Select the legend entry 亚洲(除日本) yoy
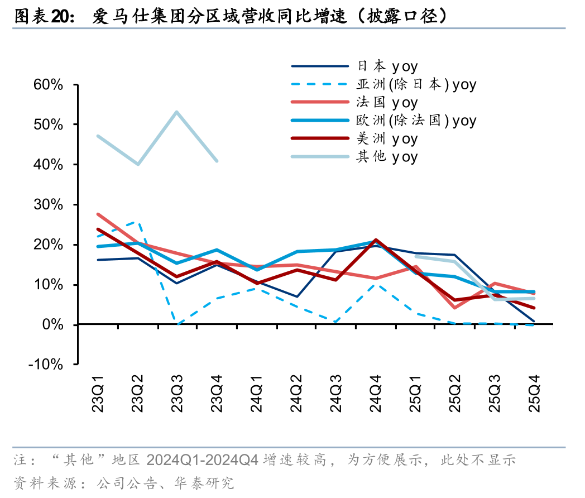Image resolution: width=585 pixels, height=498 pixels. click(416, 85)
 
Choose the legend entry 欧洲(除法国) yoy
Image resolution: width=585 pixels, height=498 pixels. click(416, 121)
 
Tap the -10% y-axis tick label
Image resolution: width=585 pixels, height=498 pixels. click(47, 365)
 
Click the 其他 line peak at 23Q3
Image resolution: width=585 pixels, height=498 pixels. click(177, 112)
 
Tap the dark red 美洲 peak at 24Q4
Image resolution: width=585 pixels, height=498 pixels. click(376, 240)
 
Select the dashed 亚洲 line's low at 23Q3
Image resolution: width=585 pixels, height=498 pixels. click(178, 324)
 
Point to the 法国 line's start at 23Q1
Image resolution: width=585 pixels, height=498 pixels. click(98, 214)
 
